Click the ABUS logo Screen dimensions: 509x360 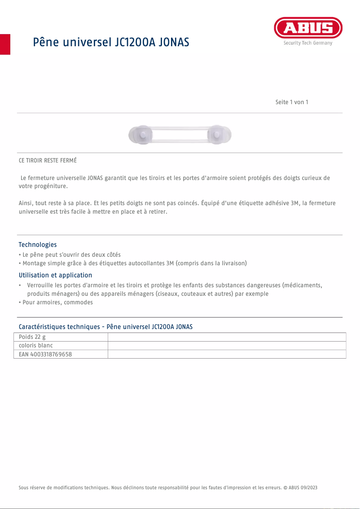pos(308,29)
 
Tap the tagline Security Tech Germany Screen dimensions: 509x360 pos(308,43)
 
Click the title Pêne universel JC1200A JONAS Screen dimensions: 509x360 pos(111,42)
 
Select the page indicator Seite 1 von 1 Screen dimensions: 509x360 pos(292,102)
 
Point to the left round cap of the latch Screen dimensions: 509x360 pos(141,134)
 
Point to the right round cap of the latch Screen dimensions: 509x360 pos(219,134)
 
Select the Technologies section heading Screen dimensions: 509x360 pos(38,245)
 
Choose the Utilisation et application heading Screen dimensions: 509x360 pos(55,275)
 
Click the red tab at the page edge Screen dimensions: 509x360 pos(5,44)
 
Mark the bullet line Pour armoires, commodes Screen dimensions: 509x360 pos(57,303)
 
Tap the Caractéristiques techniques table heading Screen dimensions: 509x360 pos(105,327)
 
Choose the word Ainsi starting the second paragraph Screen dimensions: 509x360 pos(26,203)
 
